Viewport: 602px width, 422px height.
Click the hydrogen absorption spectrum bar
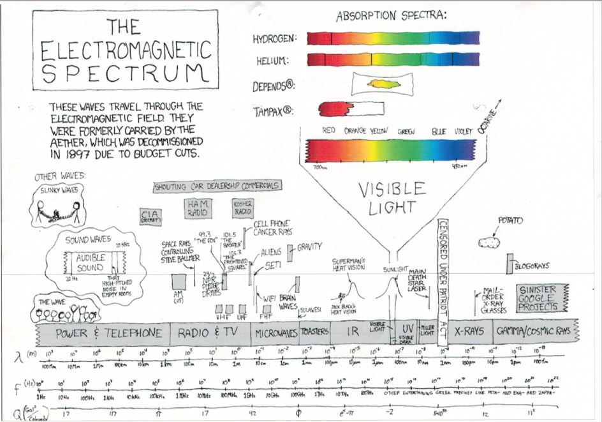click(393, 38)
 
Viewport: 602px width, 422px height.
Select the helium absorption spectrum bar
click(393, 60)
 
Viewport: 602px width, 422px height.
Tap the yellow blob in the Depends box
click(381, 84)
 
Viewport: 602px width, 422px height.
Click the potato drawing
click(490, 242)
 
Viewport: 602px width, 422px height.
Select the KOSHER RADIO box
click(243, 207)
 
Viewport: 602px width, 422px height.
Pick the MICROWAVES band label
click(275, 333)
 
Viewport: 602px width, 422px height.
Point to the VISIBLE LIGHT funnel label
click(391, 197)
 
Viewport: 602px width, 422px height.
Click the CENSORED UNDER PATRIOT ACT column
click(443, 281)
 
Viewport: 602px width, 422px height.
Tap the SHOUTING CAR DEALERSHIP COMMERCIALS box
click(217, 186)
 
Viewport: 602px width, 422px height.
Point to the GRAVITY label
click(309, 246)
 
